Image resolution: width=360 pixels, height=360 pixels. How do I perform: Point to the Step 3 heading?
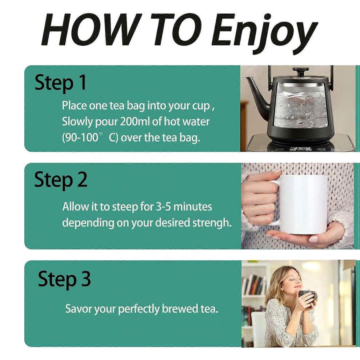coord(64,279)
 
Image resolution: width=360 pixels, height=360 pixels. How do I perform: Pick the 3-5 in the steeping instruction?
coord(164,207)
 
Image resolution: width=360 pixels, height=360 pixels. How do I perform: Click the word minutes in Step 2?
coord(193,207)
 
